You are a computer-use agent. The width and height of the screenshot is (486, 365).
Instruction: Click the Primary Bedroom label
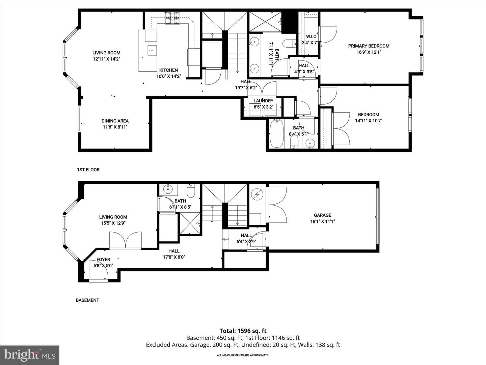(x=369, y=46)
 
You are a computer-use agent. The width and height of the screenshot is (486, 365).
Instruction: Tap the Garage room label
(x=322, y=215)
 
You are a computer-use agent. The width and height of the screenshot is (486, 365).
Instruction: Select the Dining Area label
(x=115, y=121)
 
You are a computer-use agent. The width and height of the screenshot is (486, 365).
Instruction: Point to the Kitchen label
(x=168, y=70)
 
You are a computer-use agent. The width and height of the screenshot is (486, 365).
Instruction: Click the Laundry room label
(x=264, y=101)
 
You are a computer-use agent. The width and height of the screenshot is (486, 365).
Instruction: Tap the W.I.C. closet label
(x=312, y=36)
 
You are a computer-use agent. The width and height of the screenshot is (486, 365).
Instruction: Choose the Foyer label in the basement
(x=103, y=260)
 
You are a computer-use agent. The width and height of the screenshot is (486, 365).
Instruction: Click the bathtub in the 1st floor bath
(x=277, y=133)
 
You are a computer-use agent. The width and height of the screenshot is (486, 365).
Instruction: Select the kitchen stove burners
(x=172, y=18)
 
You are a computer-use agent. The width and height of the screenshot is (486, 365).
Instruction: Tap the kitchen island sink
(x=152, y=51)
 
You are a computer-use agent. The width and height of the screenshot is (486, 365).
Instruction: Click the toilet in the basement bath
(x=191, y=191)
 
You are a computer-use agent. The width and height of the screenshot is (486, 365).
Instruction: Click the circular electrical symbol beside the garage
(x=257, y=195)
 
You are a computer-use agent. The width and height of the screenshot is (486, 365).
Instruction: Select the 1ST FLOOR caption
(x=88, y=170)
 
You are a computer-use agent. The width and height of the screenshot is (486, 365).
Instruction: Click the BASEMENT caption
(x=87, y=300)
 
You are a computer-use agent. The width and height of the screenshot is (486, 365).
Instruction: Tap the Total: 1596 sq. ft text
(x=243, y=331)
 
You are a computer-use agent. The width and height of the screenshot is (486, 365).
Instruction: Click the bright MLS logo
(x=30, y=355)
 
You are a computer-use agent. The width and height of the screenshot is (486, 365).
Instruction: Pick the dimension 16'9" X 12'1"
(x=369, y=52)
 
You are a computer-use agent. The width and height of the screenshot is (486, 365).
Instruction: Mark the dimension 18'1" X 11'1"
(x=322, y=221)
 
